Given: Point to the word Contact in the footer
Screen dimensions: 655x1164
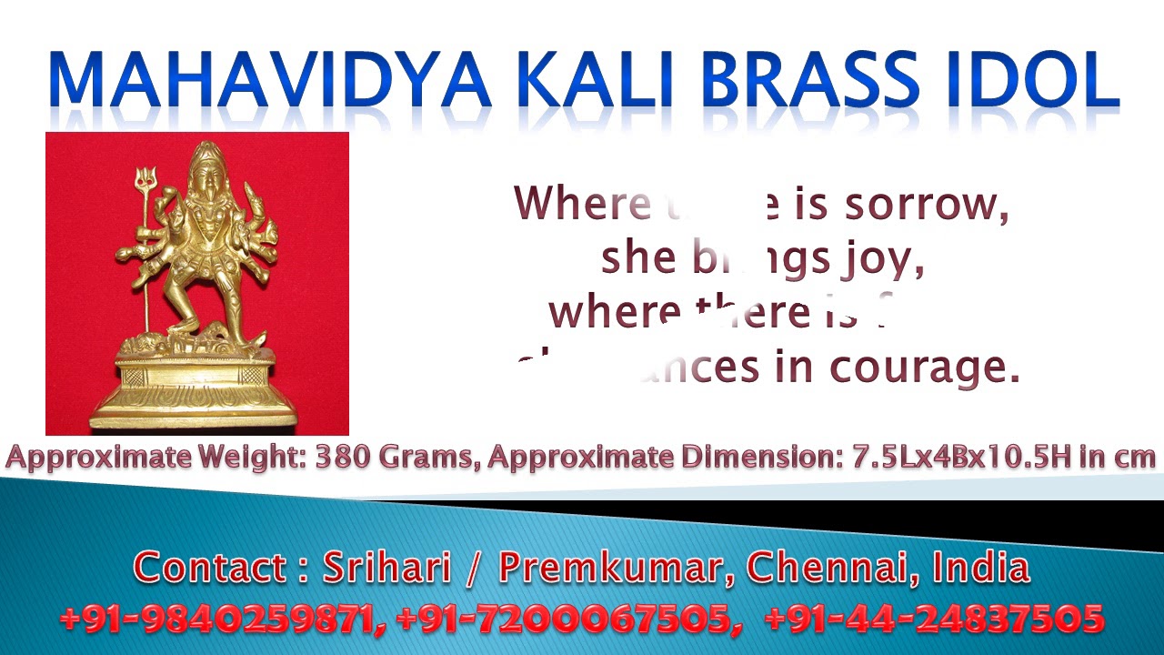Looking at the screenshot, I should (x=210, y=568).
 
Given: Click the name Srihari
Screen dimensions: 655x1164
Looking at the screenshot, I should (x=388, y=568).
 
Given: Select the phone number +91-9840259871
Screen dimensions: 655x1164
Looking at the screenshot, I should (x=216, y=620).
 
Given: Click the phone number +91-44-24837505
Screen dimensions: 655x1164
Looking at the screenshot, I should (x=934, y=620).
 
